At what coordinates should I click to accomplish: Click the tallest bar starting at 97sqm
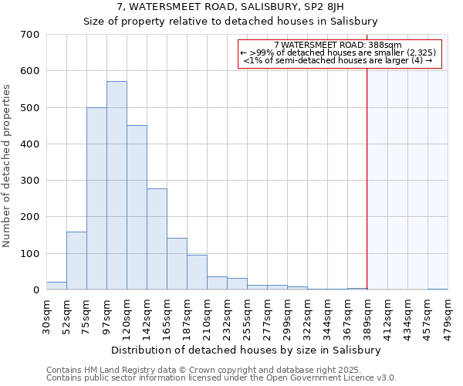click(x=117, y=185)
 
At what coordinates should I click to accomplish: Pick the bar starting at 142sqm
click(x=157, y=239)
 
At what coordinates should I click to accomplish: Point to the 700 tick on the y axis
click(x=30, y=35)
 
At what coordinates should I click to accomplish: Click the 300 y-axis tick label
click(x=30, y=181)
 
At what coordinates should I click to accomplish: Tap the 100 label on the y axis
click(x=30, y=254)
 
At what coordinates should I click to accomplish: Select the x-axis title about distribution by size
click(x=246, y=350)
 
